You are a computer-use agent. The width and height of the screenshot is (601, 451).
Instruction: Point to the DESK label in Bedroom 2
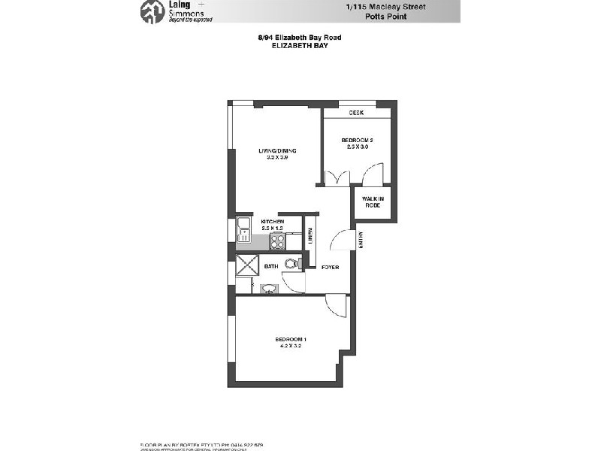click(356, 113)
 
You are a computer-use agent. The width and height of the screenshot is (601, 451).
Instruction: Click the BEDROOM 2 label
click(357, 140)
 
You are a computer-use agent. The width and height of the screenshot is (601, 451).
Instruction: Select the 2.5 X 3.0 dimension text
click(357, 147)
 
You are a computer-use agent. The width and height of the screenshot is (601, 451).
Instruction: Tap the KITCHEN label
click(272, 222)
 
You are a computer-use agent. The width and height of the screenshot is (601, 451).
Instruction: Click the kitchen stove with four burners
click(277, 241)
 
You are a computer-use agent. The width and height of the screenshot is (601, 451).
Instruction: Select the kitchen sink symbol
click(243, 226)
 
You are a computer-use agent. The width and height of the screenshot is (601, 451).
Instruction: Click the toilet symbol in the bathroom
click(291, 262)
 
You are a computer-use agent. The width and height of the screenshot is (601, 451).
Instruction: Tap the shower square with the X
click(246, 265)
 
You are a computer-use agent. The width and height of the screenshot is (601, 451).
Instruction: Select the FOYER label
click(330, 268)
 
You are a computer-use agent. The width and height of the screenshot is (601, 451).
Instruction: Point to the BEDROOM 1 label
click(289, 340)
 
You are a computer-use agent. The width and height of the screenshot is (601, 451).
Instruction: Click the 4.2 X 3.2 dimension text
click(289, 347)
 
